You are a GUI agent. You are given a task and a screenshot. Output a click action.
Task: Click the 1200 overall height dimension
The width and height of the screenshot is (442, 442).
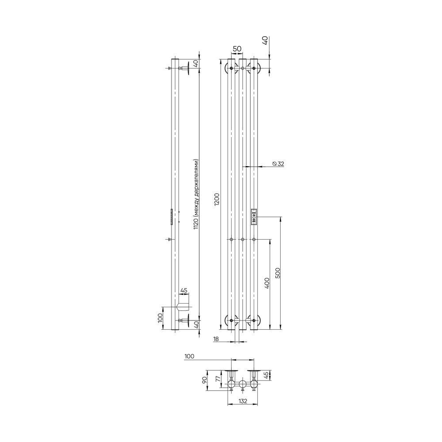[217, 200]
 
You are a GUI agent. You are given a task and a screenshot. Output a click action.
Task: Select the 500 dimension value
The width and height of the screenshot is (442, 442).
[278, 273]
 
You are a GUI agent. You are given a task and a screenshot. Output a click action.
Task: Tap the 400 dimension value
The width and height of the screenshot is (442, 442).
[267, 283]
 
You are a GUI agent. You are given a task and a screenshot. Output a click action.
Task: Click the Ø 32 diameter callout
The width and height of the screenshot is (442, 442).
[278, 164]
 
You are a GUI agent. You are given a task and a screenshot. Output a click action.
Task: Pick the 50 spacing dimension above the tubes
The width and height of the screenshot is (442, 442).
[237, 49]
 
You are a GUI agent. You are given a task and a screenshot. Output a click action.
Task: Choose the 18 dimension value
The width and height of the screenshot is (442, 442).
[216, 339]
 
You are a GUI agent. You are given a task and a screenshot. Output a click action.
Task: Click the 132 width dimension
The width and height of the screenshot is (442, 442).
[243, 401]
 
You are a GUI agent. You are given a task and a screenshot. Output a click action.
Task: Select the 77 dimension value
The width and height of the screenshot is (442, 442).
[217, 379]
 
